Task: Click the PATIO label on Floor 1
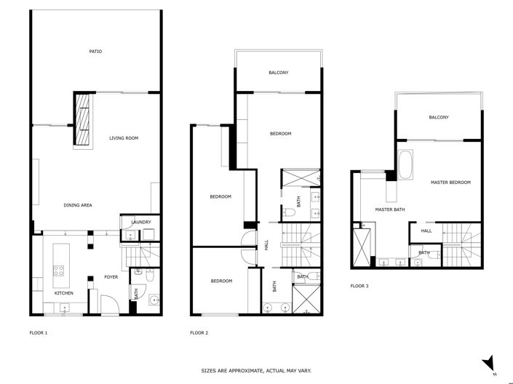(x=95, y=52)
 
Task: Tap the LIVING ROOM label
(x=124, y=137)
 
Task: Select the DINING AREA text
(x=78, y=205)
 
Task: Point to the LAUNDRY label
(x=140, y=223)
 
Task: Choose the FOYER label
(x=111, y=276)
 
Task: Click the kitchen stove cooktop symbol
(x=57, y=271)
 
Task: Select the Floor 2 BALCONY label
(x=279, y=72)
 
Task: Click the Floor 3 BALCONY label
(x=439, y=117)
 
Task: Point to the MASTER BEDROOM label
(x=450, y=182)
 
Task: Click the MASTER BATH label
(x=389, y=209)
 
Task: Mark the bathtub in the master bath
(x=406, y=165)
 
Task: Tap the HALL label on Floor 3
(x=426, y=231)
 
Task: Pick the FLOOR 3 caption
(x=359, y=286)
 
